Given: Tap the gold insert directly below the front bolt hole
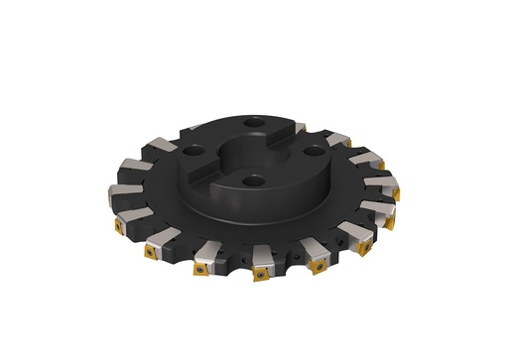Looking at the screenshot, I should pos(260,269).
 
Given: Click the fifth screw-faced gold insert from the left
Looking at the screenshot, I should pos(317,264).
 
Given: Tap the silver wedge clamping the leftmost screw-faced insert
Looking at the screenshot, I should pos(128,213).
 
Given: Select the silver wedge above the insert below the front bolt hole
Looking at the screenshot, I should pos(256,253).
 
